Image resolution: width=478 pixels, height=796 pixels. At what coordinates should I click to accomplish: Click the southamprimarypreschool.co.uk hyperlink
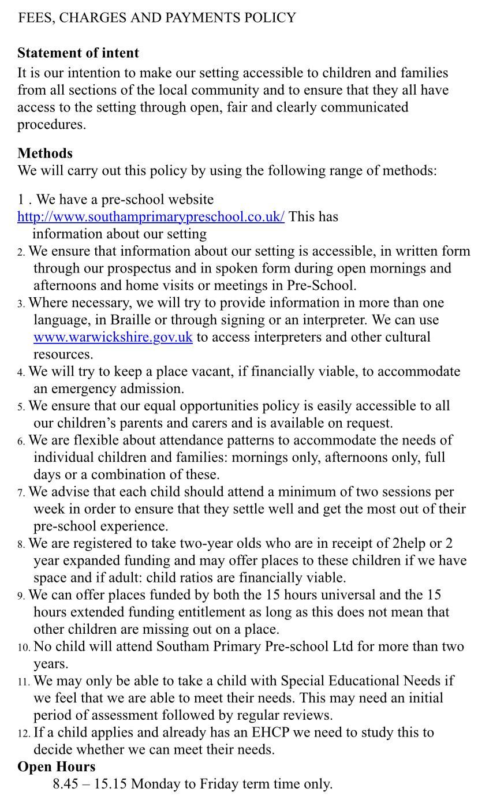(x=151, y=217)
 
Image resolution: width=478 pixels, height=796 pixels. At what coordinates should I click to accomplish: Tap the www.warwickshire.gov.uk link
(x=113, y=337)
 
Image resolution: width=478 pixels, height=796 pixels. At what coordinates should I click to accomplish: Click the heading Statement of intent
(x=78, y=53)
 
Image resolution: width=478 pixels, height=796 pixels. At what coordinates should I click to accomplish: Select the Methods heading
(x=45, y=154)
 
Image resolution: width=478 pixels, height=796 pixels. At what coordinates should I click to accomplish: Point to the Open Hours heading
(x=56, y=767)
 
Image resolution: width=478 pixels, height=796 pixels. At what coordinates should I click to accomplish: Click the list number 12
(x=23, y=734)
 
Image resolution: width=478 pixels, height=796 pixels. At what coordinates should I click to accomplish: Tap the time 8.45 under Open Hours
(x=65, y=784)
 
